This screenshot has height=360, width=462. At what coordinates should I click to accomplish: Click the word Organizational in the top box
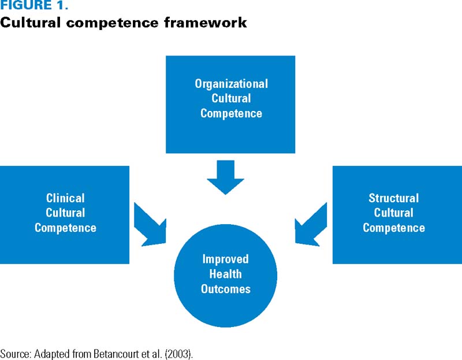tap(232, 84)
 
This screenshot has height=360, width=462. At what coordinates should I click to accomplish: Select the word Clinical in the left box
tap(65, 198)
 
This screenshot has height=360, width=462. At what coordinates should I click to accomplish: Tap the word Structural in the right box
tap(394, 198)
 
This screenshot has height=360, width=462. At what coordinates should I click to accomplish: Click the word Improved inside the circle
tap(225, 259)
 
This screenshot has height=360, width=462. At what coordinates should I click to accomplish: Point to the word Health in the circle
tap(225, 274)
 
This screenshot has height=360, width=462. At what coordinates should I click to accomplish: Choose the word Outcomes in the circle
tap(225, 289)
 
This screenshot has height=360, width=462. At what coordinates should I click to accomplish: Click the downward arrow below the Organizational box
tap(225, 177)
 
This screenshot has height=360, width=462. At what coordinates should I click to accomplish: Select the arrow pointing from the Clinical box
tap(150, 224)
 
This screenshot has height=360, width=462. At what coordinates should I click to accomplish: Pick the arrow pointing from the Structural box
tap(311, 224)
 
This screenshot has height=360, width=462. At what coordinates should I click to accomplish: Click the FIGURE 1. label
tap(34, 5)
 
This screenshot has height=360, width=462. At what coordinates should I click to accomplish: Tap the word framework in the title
tap(206, 23)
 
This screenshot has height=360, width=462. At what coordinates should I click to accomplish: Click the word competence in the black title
tap(112, 23)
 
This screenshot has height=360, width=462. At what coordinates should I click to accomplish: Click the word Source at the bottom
tap(16, 354)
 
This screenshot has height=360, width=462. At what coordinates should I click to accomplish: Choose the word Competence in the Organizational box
tap(232, 113)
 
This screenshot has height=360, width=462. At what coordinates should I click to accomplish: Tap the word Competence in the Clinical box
tap(65, 228)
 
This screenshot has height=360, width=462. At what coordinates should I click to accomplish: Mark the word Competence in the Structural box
tap(394, 228)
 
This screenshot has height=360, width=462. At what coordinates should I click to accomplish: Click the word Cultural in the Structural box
tap(394, 213)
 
